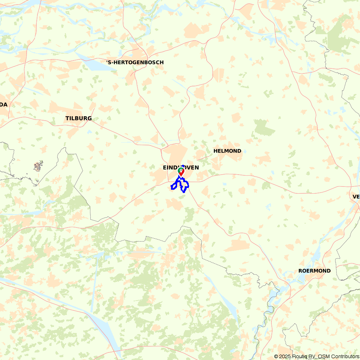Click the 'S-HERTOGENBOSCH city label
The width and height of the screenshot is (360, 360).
pyautogui.click(x=135, y=62)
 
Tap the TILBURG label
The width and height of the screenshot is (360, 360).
pyautogui.click(x=78, y=118)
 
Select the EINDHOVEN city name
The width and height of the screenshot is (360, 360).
pyautogui.click(x=181, y=167)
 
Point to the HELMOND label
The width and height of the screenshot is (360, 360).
pyautogui.click(x=227, y=151)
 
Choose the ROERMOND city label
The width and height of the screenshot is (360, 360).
pyautogui.click(x=314, y=271)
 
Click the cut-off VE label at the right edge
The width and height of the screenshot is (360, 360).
pyautogui.click(x=356, y=197)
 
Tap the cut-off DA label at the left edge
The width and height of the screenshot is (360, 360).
pyautogui.click(x=4, y=104)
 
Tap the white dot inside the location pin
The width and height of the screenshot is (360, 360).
pyautogui.click(x=180, y=170)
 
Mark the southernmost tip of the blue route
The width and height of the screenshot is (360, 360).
pyautogui.click(x=184, y=192)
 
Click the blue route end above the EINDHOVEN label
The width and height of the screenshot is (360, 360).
pyautogui.click(x=183, y=166)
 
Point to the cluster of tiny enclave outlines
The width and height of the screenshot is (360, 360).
pyautogui.click(x=38, y=166)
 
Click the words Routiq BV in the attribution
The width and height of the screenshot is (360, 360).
pyautogui.click(x=302, y=356)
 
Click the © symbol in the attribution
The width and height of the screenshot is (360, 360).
pyautogui.click(x=276, y=356)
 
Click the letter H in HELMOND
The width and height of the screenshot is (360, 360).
pyautogui.click(x=215, y=151)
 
